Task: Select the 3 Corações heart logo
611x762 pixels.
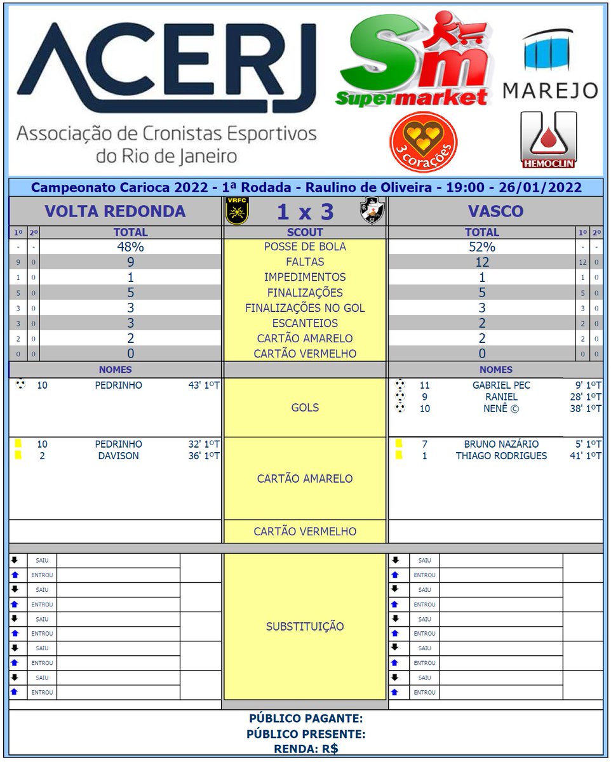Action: pyautogui.click(x=423, y=142)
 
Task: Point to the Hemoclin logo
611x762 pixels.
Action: pyautogui.click(x=548, y=140)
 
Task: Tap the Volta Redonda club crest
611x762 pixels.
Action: pyautogui.click(x=237, y=211)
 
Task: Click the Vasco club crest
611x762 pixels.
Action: pyautogui.click(x=372, y=211)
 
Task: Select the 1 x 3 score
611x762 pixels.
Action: pyautogui.click(x=305, y=211)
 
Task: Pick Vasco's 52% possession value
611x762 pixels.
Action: pyautogui.click(x=482, y=247)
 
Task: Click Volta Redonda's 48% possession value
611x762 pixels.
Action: pyautogui.click(x=130, y=247)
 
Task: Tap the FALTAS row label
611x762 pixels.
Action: pyautogui.click(x=305, y=262)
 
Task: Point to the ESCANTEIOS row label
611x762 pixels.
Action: pyautogui.click(x=305, y=323)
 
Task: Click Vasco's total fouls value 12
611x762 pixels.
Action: pyautogui.click(x=482, y=262)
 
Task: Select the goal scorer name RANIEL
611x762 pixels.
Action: pyautogui.click(x=501, y=397)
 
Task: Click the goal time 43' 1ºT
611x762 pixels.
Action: pyautogui.click(x=205, y=385)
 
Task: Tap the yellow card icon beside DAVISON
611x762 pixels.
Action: pyautogui.click(x=18, y=455)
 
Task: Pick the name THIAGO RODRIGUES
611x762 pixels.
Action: pyautogui.click(x=501, y=456)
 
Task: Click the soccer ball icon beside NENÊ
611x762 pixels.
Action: pyautogui.click(x=400, y=408)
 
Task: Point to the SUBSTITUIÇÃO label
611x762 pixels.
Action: pyautogui.click(x=305, y=627)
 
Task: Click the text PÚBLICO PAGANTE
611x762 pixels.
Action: pyautogui.click(x=305, y=719)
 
